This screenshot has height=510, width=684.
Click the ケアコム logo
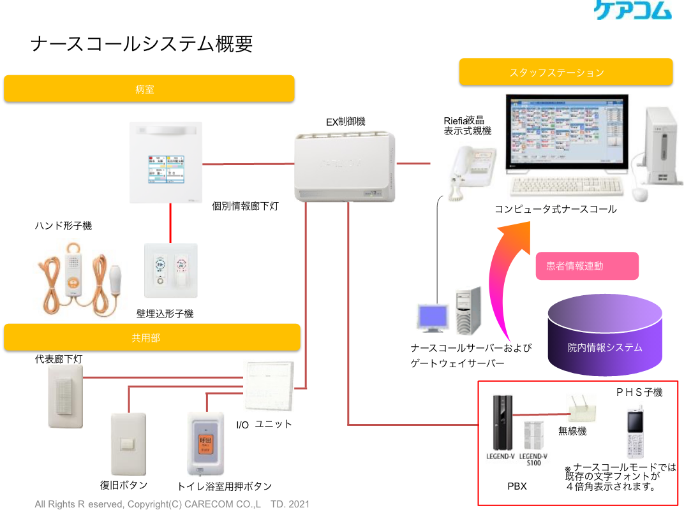632,10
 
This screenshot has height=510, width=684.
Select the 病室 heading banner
149,89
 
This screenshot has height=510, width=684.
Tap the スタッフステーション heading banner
565,72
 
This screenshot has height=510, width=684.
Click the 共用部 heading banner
151,337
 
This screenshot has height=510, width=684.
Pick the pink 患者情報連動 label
586,266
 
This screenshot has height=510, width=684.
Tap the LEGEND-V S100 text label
533,460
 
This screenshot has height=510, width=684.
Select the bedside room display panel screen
166,171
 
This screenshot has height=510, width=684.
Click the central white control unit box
345,166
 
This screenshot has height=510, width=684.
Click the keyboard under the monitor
567,187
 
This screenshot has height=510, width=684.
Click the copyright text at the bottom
172,504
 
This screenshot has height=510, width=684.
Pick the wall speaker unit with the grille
65,395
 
